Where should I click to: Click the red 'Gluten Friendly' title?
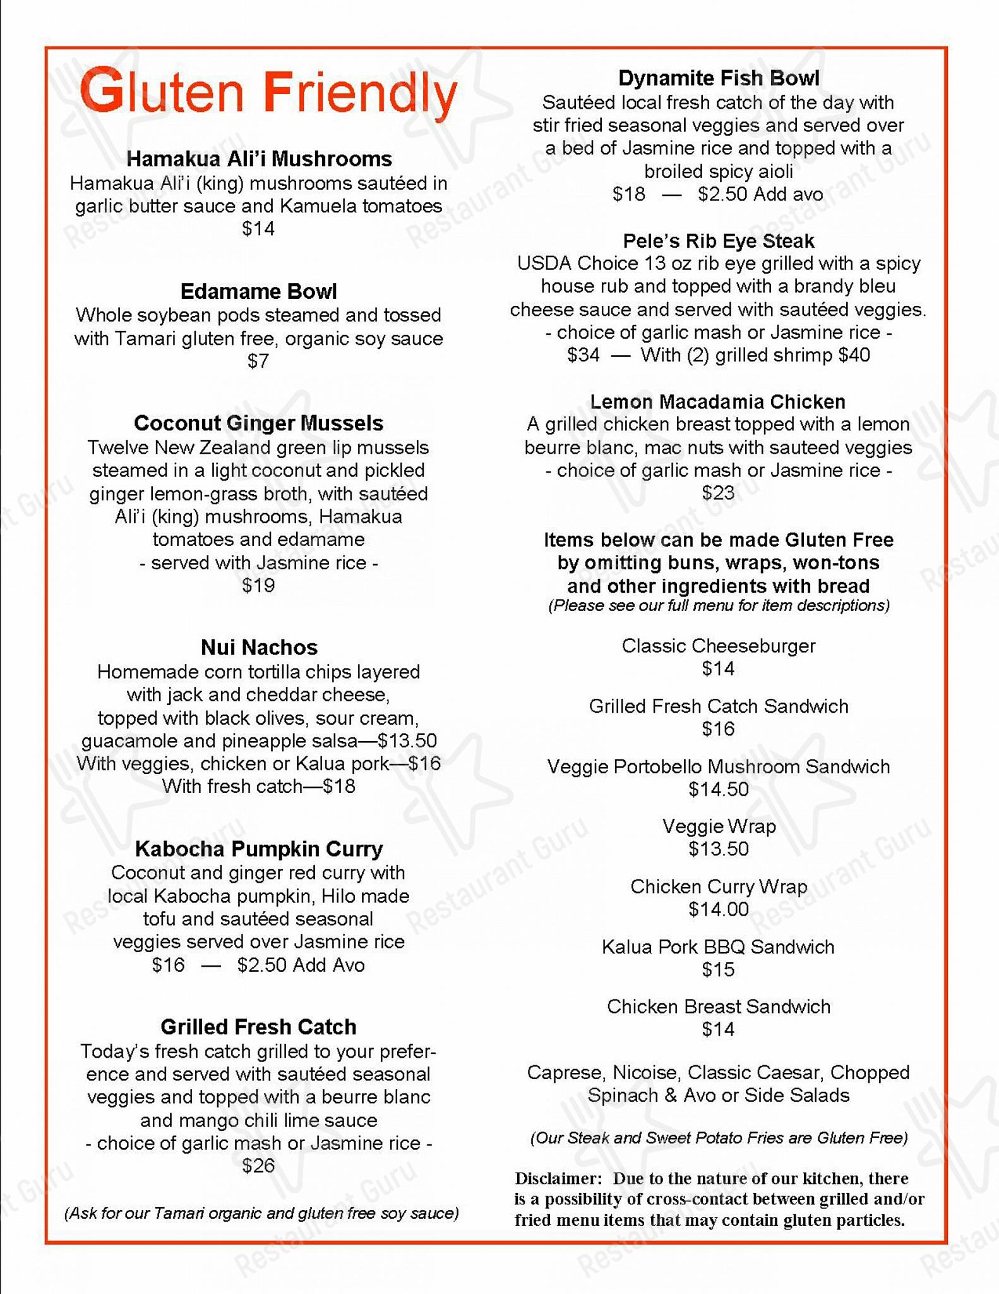[x=268, y=94]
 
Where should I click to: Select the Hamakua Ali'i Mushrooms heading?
[x=259, y=159]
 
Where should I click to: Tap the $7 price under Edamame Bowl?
[x=258, y=361]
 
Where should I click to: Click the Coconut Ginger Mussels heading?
[x=259, y=423]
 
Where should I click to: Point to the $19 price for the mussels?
[x=258, y=586]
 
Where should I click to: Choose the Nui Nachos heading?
[x=259, y=647]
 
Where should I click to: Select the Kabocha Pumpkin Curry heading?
[x=259, y=849]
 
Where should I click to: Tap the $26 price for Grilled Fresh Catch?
[x=258, y=1166]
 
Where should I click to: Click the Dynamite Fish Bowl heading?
[x=719, y=78]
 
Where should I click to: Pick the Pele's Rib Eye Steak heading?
[x=719, y=241]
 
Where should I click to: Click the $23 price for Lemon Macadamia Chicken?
[x=718, y=493]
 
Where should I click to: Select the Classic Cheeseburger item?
[x=719, y=646]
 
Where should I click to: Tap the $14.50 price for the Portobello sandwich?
[x=719, y=789]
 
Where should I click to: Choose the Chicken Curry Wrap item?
[x=719, y=886]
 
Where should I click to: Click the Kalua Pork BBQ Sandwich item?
[x=718, y=946]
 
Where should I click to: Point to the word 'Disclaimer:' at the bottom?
[x=558, y=1178]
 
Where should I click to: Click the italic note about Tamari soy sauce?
[x=261, y=1213]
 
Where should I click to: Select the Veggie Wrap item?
[x=719, y=826]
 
